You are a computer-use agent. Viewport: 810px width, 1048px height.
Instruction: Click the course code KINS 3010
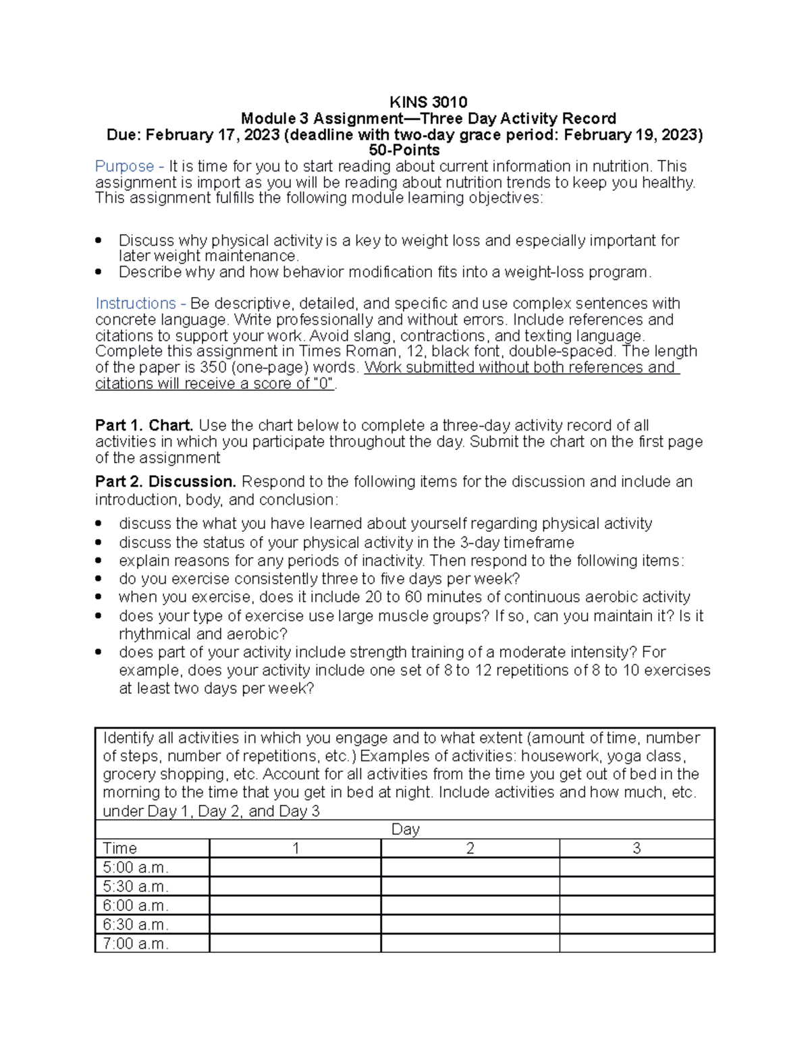428,103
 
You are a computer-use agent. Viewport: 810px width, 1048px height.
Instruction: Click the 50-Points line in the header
404,150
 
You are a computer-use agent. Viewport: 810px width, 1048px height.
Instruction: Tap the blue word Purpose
125,167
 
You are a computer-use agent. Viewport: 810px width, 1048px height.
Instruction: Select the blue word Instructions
136,304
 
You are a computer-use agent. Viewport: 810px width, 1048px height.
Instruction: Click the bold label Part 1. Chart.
144,426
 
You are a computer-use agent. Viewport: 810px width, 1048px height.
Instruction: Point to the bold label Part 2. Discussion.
165,482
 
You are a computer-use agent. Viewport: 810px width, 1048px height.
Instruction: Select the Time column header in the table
120,848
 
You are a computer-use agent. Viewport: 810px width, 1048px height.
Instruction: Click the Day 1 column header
296,848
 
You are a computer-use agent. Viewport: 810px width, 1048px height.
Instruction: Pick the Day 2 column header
470,848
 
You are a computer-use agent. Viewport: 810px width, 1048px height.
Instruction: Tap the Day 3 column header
637,848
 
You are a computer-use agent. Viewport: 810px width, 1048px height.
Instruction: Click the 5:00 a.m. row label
136,867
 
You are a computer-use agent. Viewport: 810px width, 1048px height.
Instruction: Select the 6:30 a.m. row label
136,925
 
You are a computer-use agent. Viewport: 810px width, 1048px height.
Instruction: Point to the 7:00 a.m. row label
136,943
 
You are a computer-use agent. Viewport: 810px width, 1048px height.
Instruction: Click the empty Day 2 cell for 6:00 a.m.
470,906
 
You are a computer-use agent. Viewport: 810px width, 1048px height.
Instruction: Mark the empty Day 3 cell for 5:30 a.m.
637,887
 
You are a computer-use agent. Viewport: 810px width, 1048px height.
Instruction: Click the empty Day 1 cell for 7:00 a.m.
296,943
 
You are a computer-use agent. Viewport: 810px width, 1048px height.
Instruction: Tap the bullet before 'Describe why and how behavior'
99,272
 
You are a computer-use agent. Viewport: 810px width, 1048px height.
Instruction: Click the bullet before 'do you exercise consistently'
99,579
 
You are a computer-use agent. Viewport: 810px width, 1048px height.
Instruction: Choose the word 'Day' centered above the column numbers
405,829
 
